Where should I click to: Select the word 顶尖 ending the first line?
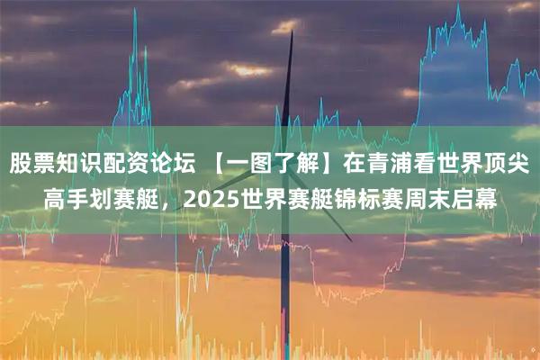(x=510, y=165)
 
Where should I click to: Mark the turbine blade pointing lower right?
(x=337, y=225)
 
